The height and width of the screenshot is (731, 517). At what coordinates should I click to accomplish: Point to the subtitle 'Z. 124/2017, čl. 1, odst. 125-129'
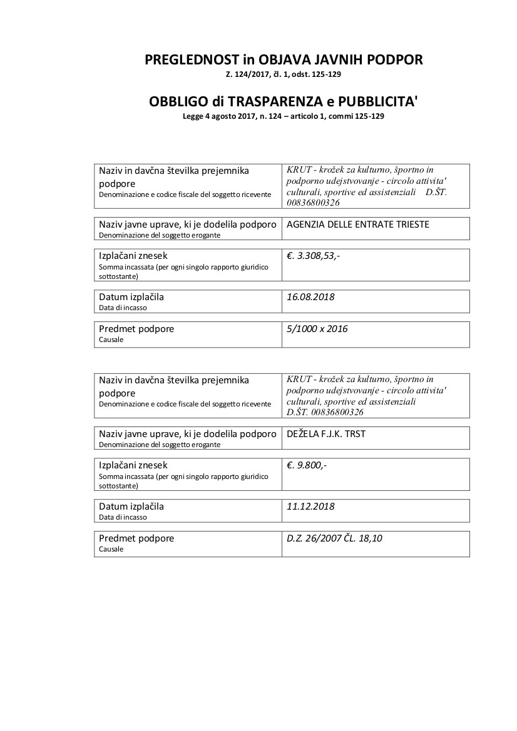[x=284, y=74]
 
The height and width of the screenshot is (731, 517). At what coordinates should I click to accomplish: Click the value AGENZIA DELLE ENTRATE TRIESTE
[x=358, y=224]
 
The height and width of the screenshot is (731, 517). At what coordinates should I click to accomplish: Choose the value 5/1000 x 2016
[x=317, y=329]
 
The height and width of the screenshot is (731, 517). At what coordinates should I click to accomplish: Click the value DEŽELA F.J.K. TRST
[x=325, y=434]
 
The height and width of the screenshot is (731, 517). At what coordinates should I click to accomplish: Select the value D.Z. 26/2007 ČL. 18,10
[x=334, y=538]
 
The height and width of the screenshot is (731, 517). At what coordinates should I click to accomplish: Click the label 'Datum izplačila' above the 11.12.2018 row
[x=131, y=507]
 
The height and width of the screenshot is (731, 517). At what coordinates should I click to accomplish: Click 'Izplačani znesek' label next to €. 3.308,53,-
[x=133, y=256]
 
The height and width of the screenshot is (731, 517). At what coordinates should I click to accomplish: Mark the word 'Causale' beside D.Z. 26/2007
[x=111, y=549]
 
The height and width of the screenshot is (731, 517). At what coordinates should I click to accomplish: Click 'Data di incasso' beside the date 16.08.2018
[x=123, y=308]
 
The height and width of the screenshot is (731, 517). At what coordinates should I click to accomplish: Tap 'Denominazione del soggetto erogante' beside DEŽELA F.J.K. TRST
[x=160, y=445]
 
